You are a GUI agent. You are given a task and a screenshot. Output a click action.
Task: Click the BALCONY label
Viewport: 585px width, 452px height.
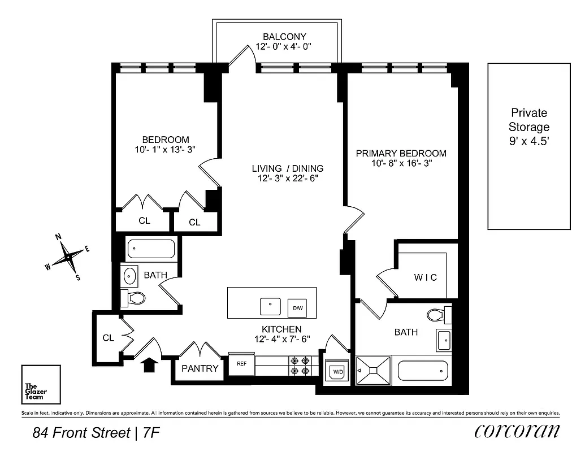click(x=277, y=37)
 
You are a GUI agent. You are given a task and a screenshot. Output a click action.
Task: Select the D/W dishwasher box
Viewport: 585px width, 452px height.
click(x=297, y=308)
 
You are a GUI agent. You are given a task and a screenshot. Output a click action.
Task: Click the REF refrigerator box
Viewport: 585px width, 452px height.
click(x=241, y=364)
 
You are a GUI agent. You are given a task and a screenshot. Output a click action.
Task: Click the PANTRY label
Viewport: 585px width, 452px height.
click(x=200, y=368)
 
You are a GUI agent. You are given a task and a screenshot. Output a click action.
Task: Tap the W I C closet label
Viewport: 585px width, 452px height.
click(x=425, y=277)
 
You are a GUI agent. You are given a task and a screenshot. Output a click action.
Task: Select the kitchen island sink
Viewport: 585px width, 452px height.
click(x=270, y=306)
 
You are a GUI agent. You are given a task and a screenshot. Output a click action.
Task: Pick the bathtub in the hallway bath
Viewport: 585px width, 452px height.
click(x=151, y=249)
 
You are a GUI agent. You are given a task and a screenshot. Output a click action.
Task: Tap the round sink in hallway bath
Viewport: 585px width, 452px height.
click(x=130, y=276)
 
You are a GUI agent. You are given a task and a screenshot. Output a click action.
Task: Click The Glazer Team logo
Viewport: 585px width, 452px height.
click(x=41, y=384)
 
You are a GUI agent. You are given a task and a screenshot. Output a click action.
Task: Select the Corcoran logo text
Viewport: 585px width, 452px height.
click(x=517, y=431)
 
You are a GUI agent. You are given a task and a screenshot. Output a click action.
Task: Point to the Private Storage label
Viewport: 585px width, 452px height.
click(x=528, y=127)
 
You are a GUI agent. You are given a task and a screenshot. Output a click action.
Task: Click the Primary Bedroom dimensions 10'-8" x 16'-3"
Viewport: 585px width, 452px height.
click(x=401, y=164)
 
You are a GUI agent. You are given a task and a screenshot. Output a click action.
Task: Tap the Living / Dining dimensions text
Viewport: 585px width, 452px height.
click(x=288, y=179)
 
